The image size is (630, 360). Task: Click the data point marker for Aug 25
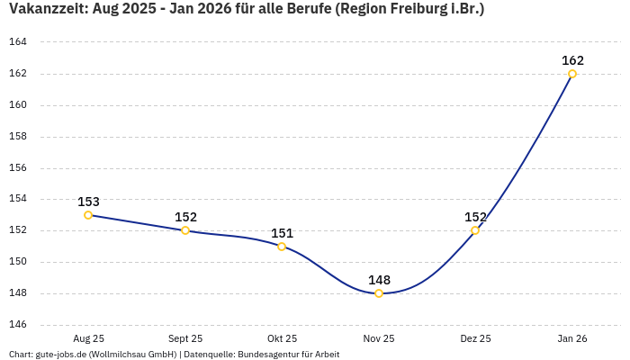coord(88,215)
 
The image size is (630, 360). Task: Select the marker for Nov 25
coord(379,293)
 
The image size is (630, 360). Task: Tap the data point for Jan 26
coord(572,74)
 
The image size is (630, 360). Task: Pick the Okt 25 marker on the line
coord(282,247)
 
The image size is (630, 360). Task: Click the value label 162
coord(572,61)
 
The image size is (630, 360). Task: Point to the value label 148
coord(379,280)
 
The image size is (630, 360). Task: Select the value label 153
coord(88,202)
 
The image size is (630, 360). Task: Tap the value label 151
coord(282,233)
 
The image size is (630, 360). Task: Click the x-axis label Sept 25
coord(185,338)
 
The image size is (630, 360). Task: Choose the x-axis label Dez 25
coord(475,338)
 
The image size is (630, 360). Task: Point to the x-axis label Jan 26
coord(572,338)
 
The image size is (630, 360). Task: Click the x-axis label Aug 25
coord(88,338)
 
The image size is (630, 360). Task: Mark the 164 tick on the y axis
coord(18,42)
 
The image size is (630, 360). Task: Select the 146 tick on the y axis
coord(18,325)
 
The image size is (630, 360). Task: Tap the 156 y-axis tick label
coord(18,168)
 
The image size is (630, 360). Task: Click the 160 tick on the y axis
coord(18,105)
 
